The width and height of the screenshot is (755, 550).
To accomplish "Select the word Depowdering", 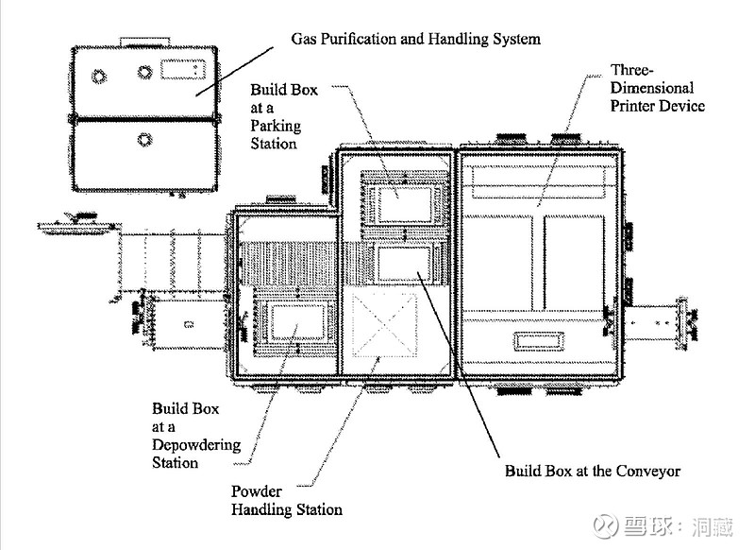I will coord(196,445).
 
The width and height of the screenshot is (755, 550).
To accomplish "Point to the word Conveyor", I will coord(646,470).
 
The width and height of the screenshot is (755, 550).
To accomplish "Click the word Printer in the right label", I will coord(632,106).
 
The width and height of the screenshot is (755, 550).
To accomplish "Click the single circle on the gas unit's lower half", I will coord(143,140).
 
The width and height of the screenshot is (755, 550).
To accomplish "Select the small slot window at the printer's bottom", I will coord(538,339).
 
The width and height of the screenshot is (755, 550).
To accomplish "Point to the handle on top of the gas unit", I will coord(143,40).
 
